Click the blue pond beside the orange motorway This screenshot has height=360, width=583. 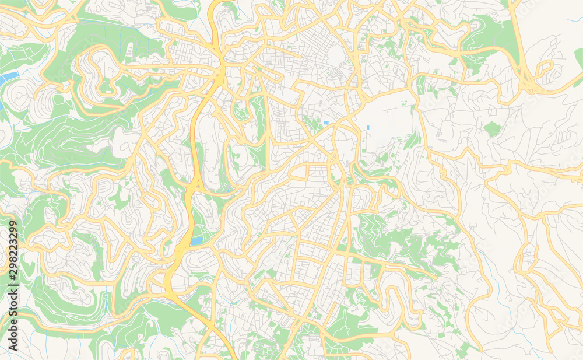point(196,240)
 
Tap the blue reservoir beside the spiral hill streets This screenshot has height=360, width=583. point(8,78)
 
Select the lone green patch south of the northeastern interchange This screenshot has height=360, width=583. point(492,129)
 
